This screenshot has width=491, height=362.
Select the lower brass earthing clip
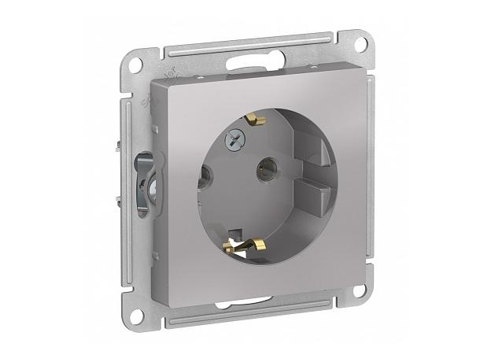(x=240, y=241)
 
